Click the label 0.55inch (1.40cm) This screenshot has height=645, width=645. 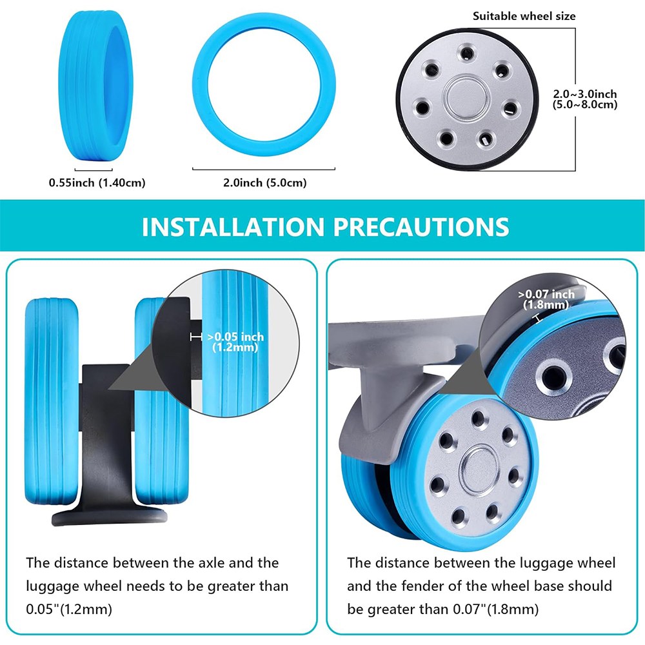(x=97, y=183)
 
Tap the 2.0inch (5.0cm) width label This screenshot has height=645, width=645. (x=265, y=183)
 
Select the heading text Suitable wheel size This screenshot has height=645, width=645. (x=524, y=16)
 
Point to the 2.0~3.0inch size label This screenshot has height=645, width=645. (x=584, y=94)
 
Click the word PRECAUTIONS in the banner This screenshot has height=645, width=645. (x=421, y=226)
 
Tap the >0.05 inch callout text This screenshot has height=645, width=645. (x=235, y=337)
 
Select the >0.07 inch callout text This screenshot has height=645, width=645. (x=546, y=293)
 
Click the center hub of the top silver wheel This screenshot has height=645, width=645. (x=466, y=99)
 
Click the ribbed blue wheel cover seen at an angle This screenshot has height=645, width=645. (x=95, y=86)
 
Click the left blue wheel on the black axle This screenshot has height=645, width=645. (x=52, y=401)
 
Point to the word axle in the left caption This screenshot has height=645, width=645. (x=212, y=562)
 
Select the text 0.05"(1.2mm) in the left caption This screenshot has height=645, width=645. (x=69, y=610)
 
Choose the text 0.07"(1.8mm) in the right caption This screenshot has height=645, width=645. (x=495, y=610)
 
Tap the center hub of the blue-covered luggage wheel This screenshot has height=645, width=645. (x=479, y=471)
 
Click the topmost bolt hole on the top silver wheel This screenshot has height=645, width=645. (x=467, y=53)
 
